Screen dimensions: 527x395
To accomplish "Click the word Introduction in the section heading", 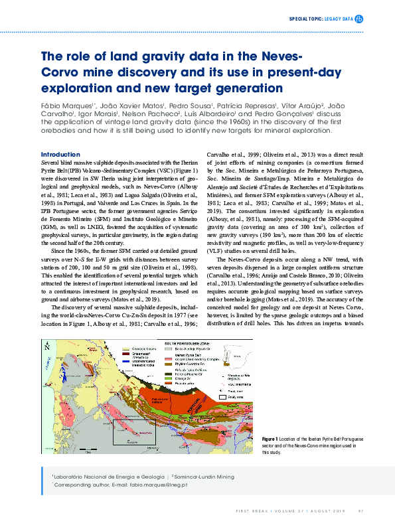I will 60,154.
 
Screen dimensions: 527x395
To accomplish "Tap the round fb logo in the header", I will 359,20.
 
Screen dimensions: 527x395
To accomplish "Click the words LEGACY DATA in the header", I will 338,20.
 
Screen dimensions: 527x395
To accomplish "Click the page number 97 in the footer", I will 360,510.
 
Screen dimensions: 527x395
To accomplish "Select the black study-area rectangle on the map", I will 134,431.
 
